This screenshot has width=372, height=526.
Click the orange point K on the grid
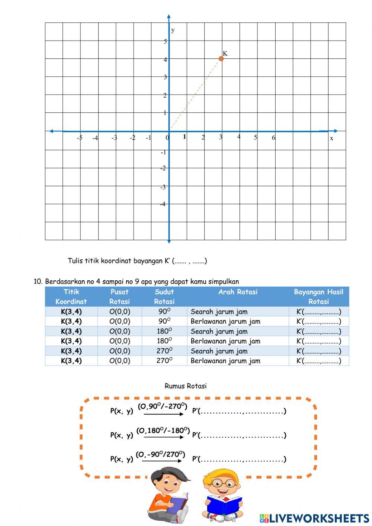point(221,58)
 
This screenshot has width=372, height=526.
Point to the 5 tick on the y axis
point(166,41)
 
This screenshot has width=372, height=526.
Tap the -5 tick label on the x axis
point(79,138)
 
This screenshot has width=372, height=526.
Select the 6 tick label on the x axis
point(273,138)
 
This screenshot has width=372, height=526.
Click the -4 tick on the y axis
point(163,204)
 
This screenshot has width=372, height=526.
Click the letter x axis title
point(331,138)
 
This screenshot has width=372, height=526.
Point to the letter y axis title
point(173,30)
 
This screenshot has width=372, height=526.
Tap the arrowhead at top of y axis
point(169,17)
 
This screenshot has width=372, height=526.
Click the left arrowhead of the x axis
point(51,131)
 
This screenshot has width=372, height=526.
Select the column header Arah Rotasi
point(238,292)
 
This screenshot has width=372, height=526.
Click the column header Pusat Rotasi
point(119,297)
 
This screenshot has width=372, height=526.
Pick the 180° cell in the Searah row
point(164,331)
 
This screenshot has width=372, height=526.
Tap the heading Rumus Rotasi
point(185,386)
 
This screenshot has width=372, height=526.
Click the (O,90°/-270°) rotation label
point(163,406)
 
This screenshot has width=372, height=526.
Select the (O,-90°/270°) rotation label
point(160,455)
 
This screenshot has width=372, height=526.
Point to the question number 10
point(38,281)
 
